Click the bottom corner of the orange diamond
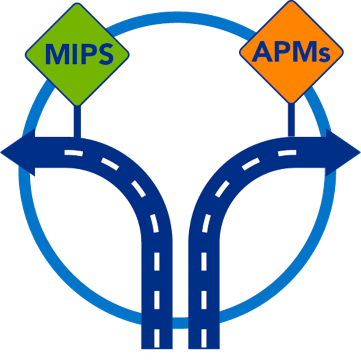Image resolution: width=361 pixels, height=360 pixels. tap(291, 102)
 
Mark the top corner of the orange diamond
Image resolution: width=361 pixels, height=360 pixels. tap(291, 2)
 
